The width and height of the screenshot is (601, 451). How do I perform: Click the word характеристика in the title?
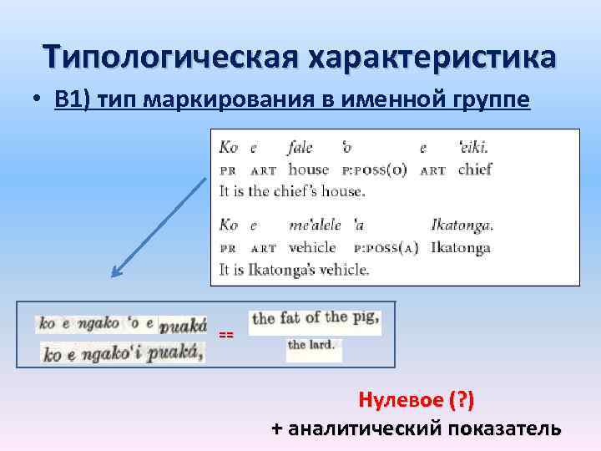(x=432, y=57)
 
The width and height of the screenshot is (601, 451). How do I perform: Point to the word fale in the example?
(x=300, y=148)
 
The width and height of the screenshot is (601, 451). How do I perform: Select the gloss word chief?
(x=475, y=170)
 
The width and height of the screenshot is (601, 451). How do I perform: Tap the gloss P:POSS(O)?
(x=375, y=170)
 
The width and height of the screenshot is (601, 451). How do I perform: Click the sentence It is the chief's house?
(x=291, y=191)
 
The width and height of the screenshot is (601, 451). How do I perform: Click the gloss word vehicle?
(x=311, y=247)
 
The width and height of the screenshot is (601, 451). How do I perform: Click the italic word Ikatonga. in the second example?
(x=462, y=225)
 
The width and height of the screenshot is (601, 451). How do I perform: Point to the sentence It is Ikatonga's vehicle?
(x=293, y=269)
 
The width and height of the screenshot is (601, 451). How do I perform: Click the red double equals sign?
(x=226, y=334)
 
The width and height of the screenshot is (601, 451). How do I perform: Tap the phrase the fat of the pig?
(x=316, y=318)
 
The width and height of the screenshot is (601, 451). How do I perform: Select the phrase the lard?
(x=310, y=345)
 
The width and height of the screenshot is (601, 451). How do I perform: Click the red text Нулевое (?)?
(x=416, y=400)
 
